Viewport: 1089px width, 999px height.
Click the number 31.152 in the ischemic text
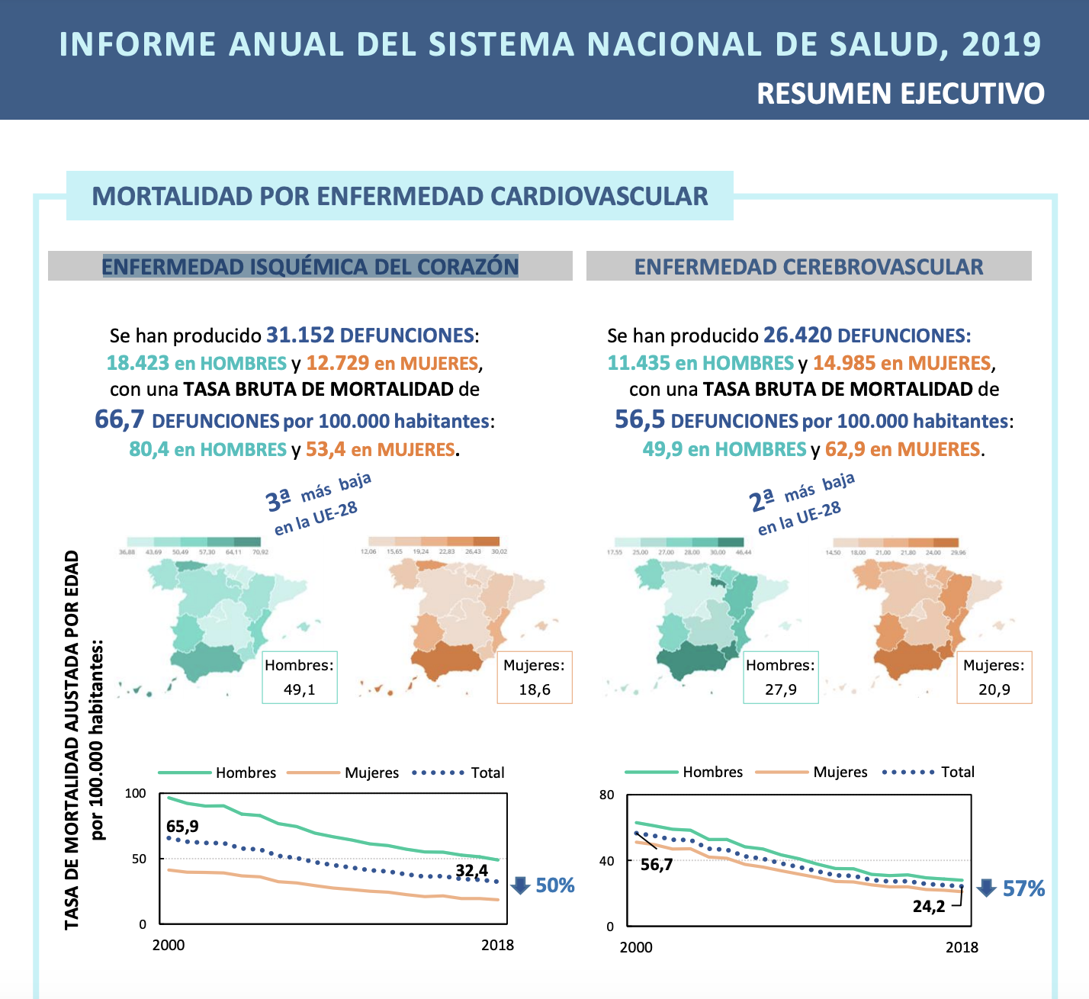point(300,336)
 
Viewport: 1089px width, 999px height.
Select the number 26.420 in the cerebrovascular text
point(797,336)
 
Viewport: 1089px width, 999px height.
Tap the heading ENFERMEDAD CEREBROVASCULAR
point(808,267)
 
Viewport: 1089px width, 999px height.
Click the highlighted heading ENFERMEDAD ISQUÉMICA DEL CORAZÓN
point(310,267)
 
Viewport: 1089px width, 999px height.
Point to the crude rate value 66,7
point(119,419)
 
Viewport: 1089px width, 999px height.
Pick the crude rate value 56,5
point(639,419)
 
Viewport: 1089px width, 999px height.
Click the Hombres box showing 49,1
point(299,677)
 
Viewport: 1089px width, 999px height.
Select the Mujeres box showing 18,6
point(534,677)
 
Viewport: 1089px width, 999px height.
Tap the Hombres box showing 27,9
point(780,677)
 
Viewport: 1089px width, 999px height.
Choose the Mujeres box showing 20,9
point(994,677)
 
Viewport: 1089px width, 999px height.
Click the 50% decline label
point(555,885)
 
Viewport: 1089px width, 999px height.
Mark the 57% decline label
point(1023,888)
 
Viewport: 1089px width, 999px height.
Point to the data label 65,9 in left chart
point(182,827)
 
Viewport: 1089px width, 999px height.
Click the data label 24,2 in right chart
point(929,906)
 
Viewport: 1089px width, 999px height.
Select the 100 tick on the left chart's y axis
point(135,793)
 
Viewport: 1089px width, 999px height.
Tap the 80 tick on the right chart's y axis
point(606,795)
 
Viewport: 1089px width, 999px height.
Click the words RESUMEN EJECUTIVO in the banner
point(900,94)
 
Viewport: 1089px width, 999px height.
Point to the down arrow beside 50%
point(520,885)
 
